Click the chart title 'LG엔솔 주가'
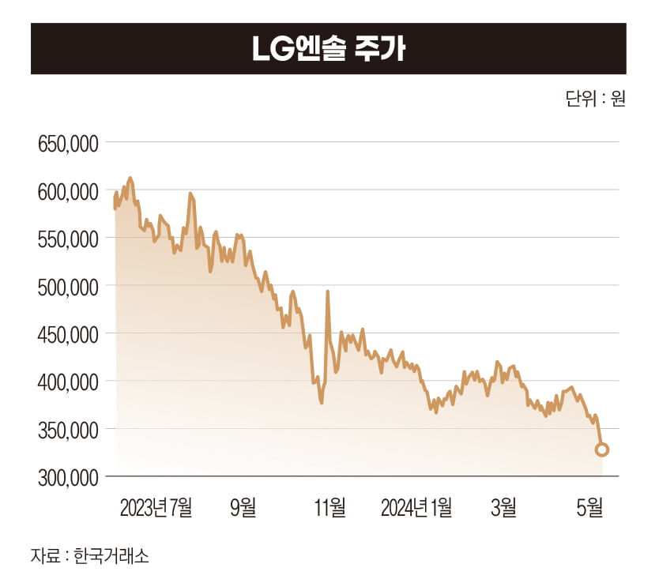(x=329, y=49)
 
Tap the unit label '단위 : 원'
(x=595, y=100)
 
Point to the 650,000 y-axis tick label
(x=68, y=144)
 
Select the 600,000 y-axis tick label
(x=68, y=191)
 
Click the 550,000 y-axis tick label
(x=68, y=239)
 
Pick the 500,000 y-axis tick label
(x=68, y=286)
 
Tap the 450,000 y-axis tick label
(x=68, y=334)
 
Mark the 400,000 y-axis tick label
(x=68, y=382)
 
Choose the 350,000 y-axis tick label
(x=68, y=430)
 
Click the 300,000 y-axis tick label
(x=68, y=477)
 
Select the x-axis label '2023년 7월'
(x=156, y=507)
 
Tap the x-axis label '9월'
(x=243, y=507)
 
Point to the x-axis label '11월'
(x=329, y=507)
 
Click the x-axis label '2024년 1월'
(x=416, y=507)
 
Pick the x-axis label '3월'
(x=503, y=507)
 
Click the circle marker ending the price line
(x=601, y=450)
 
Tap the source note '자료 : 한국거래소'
(x=89, y=555)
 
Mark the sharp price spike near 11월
(x=327, y=292)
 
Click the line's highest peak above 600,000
(x=130, y=179)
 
